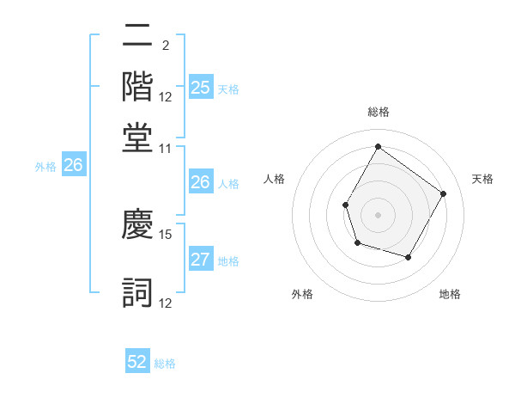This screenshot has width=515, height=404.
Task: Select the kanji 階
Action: [137, 86]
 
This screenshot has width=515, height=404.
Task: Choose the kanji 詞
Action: [137, 291]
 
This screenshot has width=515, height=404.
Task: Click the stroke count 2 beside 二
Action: [165, 46]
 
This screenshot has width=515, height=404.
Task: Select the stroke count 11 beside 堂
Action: [166, 148]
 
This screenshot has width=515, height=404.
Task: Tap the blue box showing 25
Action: [200, 88]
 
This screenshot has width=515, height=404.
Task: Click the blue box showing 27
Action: [200, 260]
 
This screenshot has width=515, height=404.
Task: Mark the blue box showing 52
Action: [137, 362]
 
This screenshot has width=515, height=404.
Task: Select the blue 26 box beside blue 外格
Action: [73, 166]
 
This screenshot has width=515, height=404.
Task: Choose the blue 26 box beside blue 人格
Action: [200, 182]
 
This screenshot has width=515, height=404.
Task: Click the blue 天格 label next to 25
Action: [228, 89]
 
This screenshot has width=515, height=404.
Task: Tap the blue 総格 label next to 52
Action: [165, 363]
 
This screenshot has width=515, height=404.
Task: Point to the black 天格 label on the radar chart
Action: [482, 179]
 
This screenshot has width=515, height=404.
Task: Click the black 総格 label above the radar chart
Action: [378, 112]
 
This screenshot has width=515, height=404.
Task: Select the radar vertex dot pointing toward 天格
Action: [443, 193]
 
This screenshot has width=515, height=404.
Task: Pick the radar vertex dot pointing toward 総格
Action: [378, 146]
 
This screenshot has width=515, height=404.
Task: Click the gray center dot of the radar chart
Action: [378, 214]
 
